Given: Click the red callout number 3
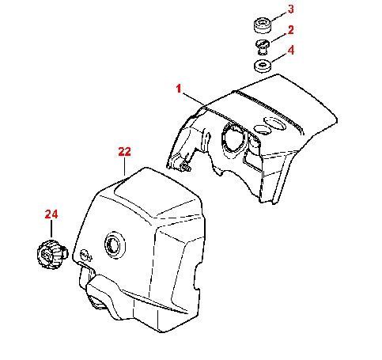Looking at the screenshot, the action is click(x=290, y=9).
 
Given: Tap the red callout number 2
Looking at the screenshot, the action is click(x=290, y=30).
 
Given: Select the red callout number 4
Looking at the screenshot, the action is click(x=291, y=50).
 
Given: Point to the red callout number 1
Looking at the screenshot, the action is click(x=179, y=89).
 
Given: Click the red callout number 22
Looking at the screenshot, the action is click(x=124, y=152).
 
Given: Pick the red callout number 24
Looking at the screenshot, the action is click(x=51, y=214).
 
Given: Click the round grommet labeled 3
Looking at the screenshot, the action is click(x=263, y=25).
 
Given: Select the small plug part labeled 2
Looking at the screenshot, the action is click(x=263, y=47).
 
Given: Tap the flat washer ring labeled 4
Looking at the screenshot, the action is click(x=263, y=66).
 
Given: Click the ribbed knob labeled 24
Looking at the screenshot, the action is click(x=52, y=254).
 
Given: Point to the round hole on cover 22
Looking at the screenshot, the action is click(x=115, y=245).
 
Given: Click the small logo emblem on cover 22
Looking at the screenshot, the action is click(x=86, y=255).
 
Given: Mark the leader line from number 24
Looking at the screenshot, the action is click(x=51, y=229).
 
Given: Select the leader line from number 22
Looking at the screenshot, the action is click(x=124, y=166).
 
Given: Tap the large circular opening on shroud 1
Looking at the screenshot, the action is click(x=236, y=139).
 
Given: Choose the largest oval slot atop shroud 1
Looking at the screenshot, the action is click(x=275, y=123).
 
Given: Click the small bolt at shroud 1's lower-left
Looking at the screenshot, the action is click(x=186, y=166).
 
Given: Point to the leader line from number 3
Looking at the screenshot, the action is click(x=279, y=17).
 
